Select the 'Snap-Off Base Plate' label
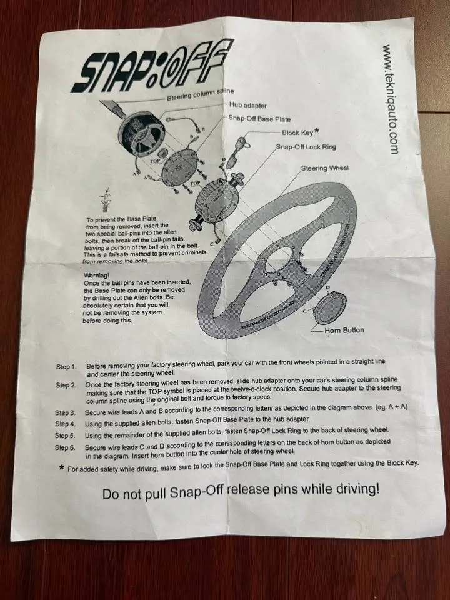(x=260, y=118)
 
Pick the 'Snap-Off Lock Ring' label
(x=306, y=147)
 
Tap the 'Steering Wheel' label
(x=325, y=168)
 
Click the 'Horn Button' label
(x=344, y=330)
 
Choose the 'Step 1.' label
(x=66, y=366)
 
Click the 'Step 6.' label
(x=66, y=447)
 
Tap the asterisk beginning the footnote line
(x=61, y=468)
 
